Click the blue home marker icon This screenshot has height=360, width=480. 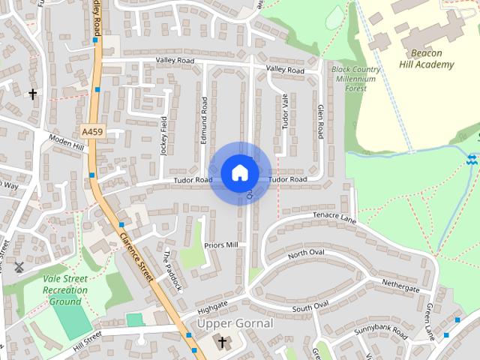pyautogui.click(x=240, y=173)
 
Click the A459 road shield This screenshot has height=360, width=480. pyautogui.click(x=91, y=131)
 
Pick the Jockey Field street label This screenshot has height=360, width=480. pyautogui.click(x=164, y=135)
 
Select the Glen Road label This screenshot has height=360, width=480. pyautogui.click(x=320, y=121)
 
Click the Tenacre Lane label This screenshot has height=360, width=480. pyautogui.click(x=334, y=217)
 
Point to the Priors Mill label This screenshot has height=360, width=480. pyautogui.click(x=220, y=245)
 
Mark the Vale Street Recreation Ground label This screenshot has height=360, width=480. pyautogui.click(x=64, y=289)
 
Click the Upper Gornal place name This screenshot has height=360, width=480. pyautogui.click(x=235, y=323)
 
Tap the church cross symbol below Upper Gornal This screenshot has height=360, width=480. pyautogui.click(x=221, y=342)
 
